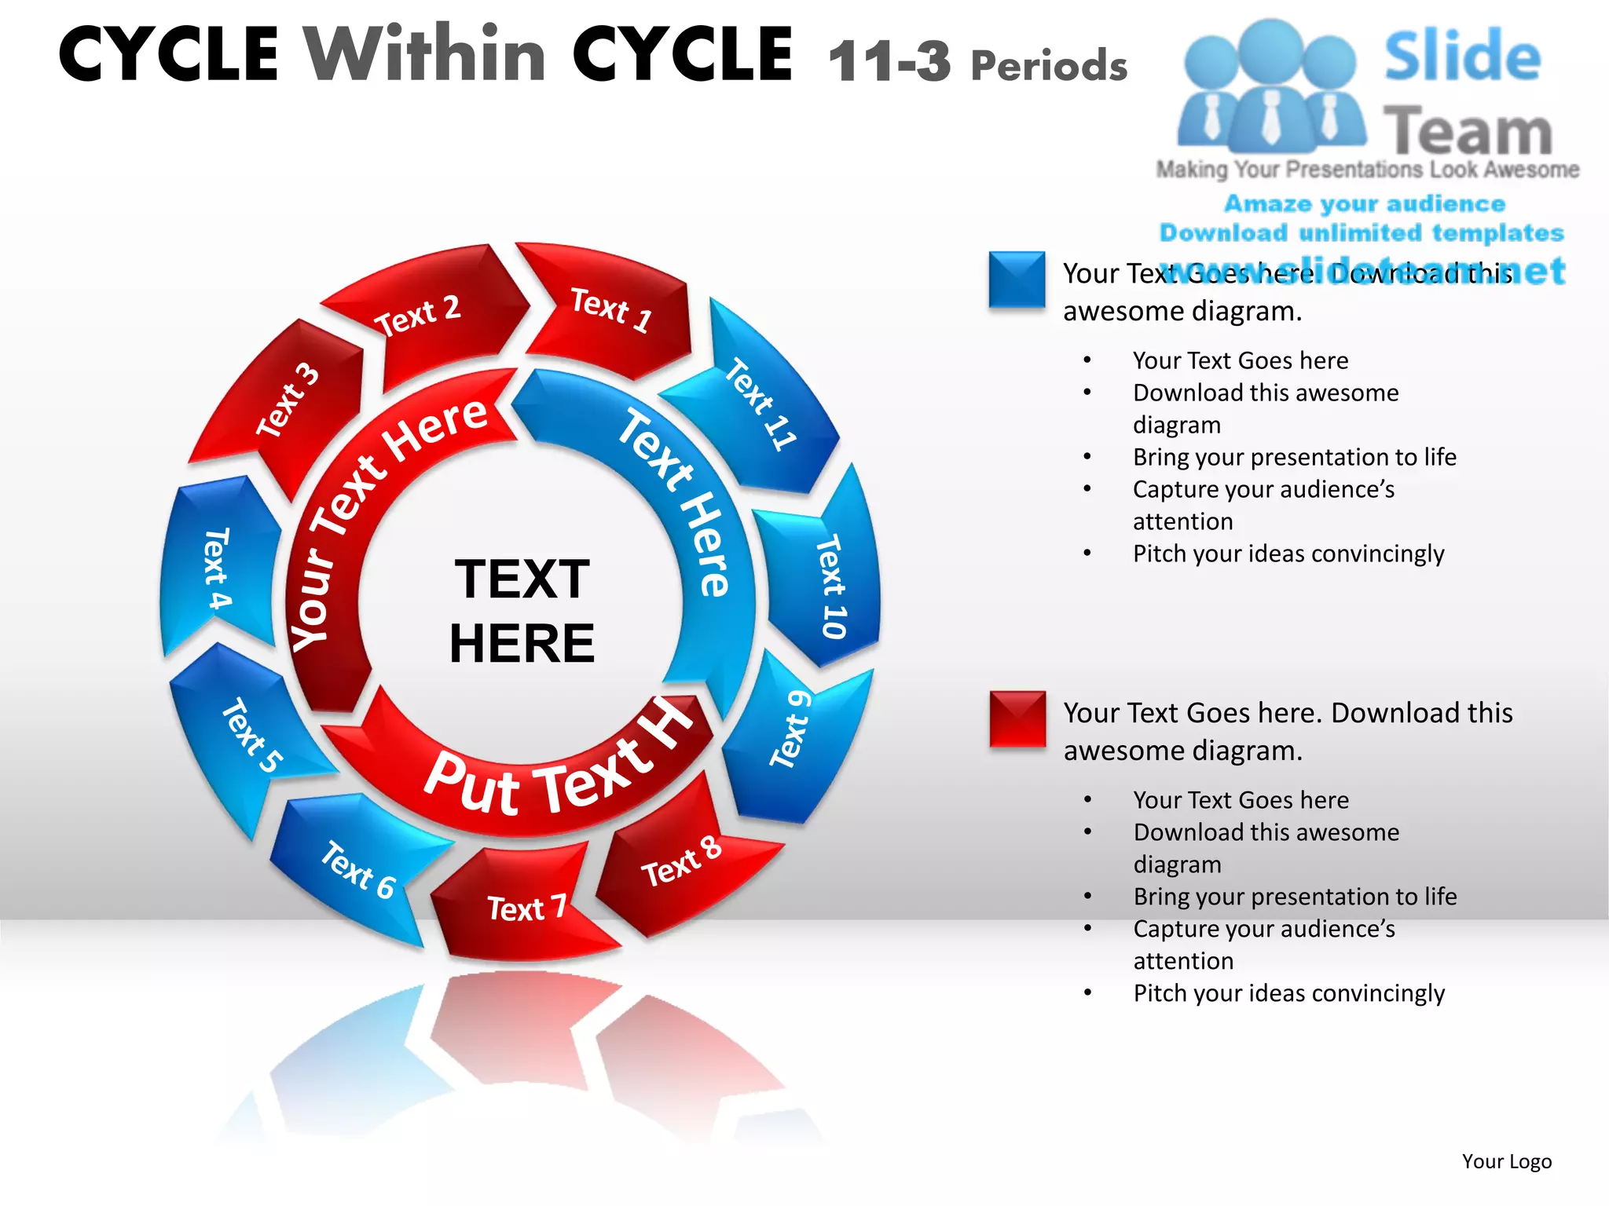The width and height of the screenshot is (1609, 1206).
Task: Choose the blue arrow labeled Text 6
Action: tap(357, 868)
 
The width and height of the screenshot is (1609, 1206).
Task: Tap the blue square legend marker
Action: tap(1017, 280)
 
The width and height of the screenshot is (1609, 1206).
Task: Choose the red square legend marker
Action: tap(1017, 718)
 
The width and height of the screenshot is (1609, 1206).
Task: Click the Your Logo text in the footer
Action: tap(1506, 1161)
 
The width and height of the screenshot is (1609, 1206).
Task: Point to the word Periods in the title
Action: tap(1049, 66)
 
